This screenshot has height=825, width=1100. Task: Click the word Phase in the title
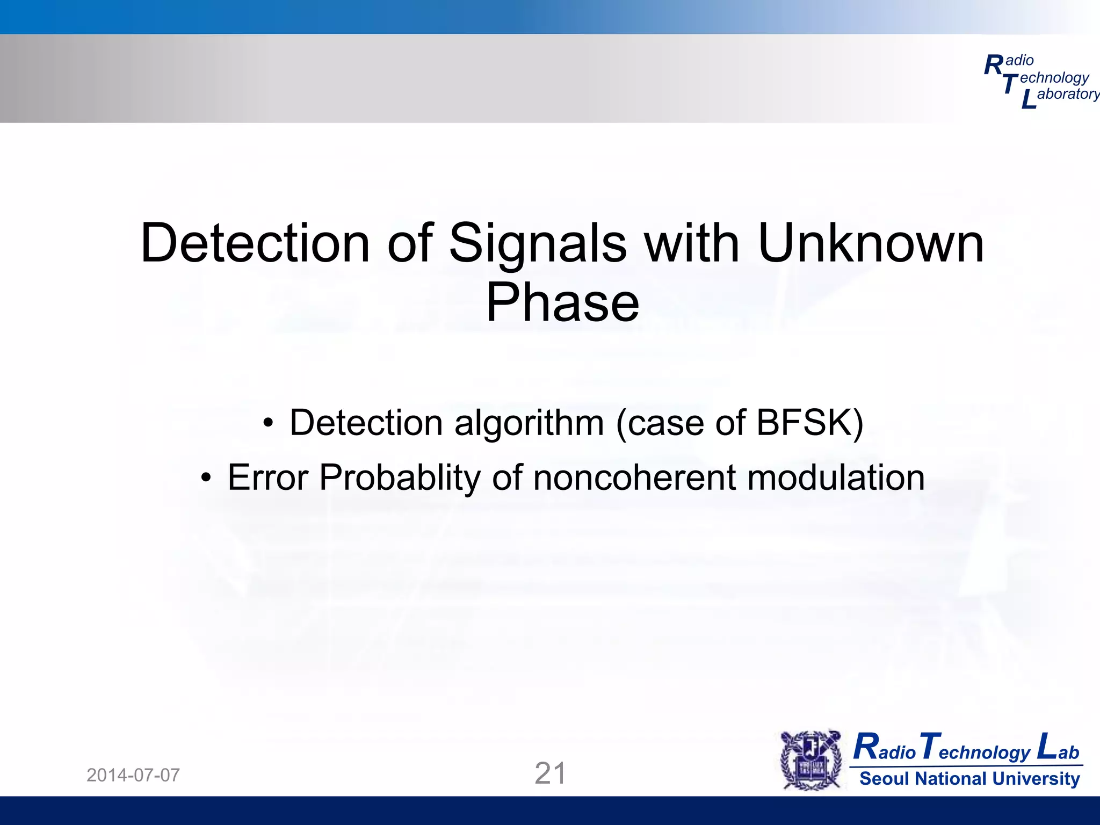click(562, 303)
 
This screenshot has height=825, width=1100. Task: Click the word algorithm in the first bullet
click(529, 423)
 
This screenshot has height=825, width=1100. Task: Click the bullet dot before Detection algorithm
click(268, 424)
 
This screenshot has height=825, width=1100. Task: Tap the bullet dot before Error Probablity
click(206, 478)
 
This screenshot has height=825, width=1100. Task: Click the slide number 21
click(550, 773)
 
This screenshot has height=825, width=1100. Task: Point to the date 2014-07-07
click(133, 775)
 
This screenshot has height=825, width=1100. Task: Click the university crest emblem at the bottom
click(811, 759)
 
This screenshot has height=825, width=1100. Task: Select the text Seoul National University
click(969, 778)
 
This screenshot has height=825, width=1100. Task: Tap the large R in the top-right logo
click(993, 66)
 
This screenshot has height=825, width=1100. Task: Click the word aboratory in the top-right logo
click(1068, 94)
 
